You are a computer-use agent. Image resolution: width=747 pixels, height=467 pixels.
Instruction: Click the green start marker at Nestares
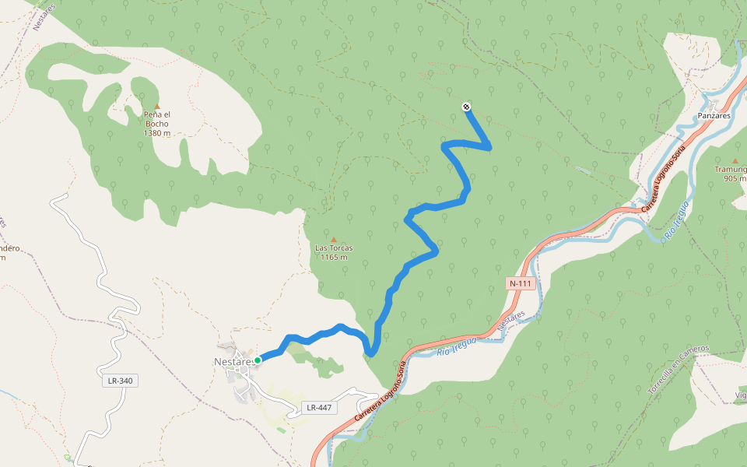coord(258,360)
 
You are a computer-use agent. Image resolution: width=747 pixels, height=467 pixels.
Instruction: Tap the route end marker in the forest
coord(466,107)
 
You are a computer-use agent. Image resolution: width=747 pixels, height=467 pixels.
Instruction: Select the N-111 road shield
coord(520,283)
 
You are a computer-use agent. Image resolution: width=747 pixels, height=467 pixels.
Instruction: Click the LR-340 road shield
coord(117,381)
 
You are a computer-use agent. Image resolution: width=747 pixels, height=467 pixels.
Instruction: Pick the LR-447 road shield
coord(319,407)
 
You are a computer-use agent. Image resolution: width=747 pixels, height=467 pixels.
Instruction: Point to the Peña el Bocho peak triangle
coord(156,106)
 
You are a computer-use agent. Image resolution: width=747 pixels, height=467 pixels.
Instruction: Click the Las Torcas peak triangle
coord(334,240)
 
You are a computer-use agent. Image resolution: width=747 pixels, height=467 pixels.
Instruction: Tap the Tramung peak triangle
coord(735,161)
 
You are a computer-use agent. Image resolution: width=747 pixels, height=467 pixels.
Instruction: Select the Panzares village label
coord(713,115)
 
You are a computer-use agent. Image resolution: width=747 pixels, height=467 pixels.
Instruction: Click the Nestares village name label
coord(233,361)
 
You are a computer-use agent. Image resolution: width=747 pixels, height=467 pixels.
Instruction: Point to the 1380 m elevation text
coord(156,133)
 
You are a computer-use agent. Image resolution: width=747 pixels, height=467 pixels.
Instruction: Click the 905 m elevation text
coord(734,178)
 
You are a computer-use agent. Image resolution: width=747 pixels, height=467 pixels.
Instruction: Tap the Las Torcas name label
coord(333,248)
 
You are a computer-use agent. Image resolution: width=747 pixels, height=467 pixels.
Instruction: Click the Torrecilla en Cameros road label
coord(678,370)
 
